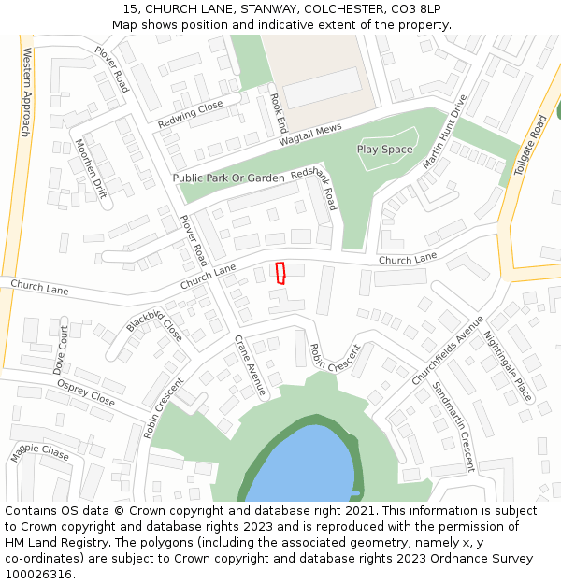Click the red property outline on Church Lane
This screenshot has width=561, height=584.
point(280,272)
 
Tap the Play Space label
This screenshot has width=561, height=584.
point(384,150)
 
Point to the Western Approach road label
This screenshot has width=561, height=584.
point(25,93)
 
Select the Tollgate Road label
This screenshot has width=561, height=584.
point(530,145)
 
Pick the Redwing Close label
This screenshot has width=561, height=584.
point(190,114)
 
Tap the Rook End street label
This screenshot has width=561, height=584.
point(279,111)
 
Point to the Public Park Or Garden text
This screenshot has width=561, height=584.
point(228,178)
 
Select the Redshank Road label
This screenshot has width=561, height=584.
point(314,190)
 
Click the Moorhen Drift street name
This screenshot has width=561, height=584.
point(92,169)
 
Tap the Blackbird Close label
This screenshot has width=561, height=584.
point(155,325)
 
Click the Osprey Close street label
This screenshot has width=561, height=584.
point(85,393)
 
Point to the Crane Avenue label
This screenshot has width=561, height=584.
point(251,366)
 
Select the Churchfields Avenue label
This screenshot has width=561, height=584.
point(448,350)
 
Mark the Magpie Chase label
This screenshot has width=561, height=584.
point(39,453)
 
